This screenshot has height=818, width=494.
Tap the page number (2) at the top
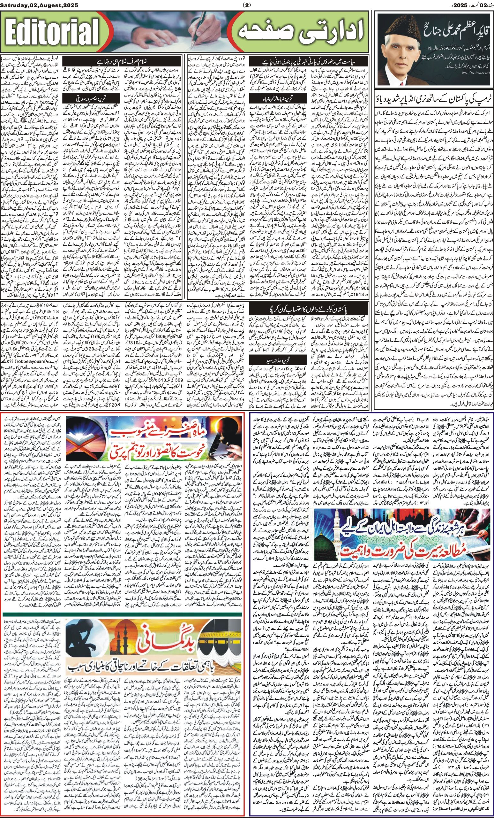(247, 5)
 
